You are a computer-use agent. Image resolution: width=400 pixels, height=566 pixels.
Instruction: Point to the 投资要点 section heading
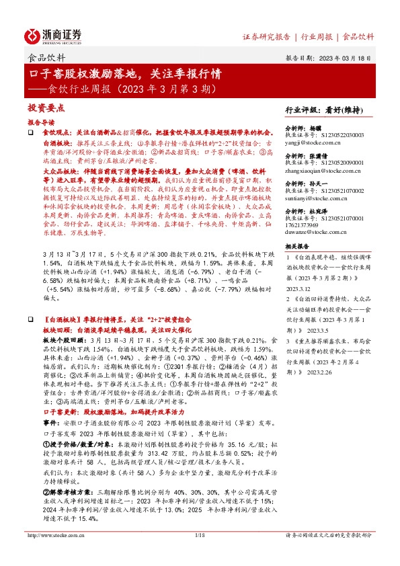pos(46,108)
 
